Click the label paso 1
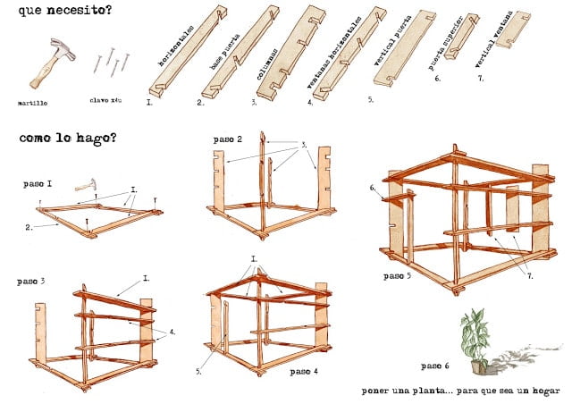pyautogui.click(x=37, y=183)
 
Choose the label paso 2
pyautogui.click(x=228, y=140)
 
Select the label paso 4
pyautogui.click(x=303, y=370)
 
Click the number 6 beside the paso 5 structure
pyautogui.click(x=373, y=188)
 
